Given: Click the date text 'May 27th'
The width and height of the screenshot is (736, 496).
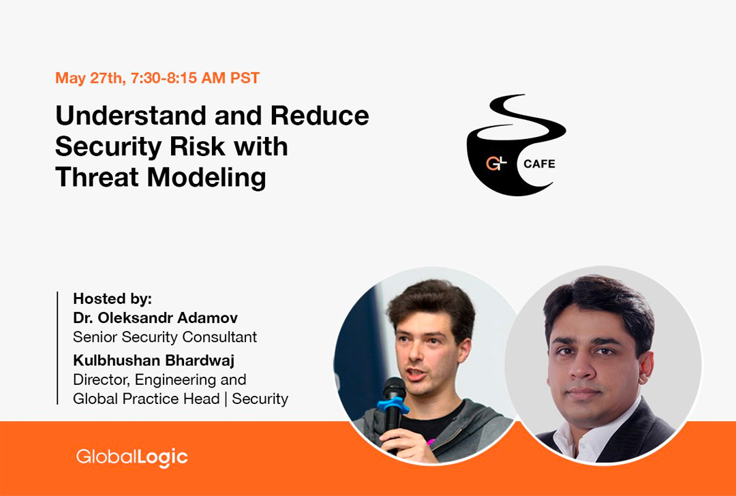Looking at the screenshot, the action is (x=88, y=78).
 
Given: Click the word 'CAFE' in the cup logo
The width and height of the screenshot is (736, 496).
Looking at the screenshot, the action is (x=539, y=164).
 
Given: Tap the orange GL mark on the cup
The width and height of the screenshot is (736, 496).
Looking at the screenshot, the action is (x=496, y=164).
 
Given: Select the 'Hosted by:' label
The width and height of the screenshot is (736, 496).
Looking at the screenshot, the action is (x=112, y=298).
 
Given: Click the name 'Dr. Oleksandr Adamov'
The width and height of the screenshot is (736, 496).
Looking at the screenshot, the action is (x=155, y=317).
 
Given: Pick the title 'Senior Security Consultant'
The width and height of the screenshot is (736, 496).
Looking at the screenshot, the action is (x=165, y=337).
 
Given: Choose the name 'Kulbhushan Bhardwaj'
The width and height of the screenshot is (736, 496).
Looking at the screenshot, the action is (x=154, y=360).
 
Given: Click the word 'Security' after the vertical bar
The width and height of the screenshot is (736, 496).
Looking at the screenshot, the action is (x=260, y=399).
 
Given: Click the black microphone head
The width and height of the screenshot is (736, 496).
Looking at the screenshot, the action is (x=394, y=388).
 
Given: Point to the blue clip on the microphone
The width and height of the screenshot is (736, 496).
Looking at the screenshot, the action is (x=392, y=405).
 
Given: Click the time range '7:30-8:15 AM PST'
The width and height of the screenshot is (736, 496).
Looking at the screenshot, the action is (x=196, y=78).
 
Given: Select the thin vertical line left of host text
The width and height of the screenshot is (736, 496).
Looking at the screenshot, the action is (x=57, y=347).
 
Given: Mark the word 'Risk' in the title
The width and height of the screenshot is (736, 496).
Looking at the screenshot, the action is (x=197, y=146).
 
